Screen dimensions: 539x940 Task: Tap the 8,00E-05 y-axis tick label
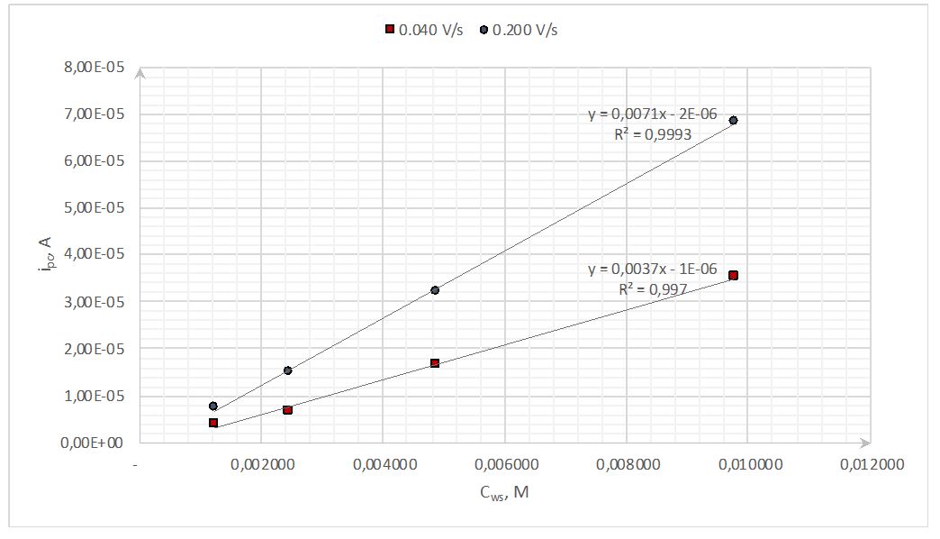(x=93, y=68)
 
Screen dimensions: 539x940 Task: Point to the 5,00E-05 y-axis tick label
(x=93, y=208)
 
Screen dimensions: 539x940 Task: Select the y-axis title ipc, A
(x=44, y=255)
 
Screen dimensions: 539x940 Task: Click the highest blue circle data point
(x=733, y=121)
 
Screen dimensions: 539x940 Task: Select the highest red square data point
(x=733, y=276)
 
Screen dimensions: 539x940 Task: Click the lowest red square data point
(x=213, y=422)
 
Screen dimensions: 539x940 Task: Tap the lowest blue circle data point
(x=213, y=407)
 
